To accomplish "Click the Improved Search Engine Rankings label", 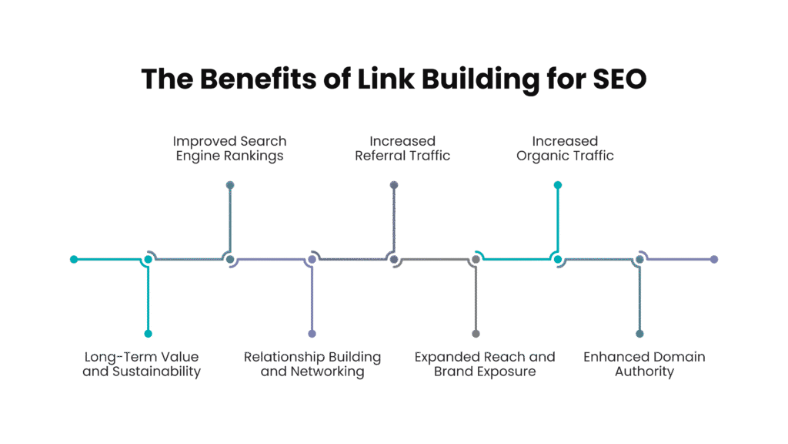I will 229,149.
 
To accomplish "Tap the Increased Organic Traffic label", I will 566,149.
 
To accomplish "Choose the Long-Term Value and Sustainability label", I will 142,364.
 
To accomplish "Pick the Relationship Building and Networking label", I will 312,364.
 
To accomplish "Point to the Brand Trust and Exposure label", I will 475,364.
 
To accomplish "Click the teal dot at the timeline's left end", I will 74,259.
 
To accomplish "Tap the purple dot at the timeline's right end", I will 714,259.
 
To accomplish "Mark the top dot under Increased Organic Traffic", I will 558,185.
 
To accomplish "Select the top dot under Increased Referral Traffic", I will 394,185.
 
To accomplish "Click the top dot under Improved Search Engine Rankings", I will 230,185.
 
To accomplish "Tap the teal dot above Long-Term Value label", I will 149,334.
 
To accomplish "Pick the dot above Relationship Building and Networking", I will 312,334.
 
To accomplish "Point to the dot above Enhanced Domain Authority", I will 639,334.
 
